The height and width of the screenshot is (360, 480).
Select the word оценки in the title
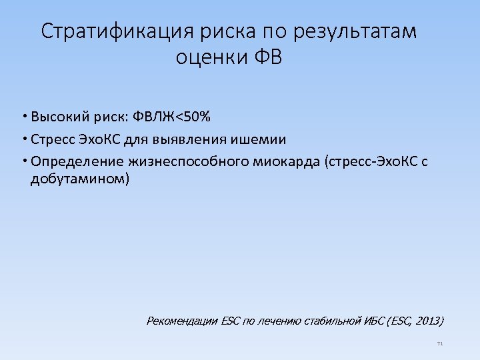(211, 58)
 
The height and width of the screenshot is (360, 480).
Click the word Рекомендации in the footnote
(181, 321)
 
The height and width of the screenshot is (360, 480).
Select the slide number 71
(439, 343)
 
